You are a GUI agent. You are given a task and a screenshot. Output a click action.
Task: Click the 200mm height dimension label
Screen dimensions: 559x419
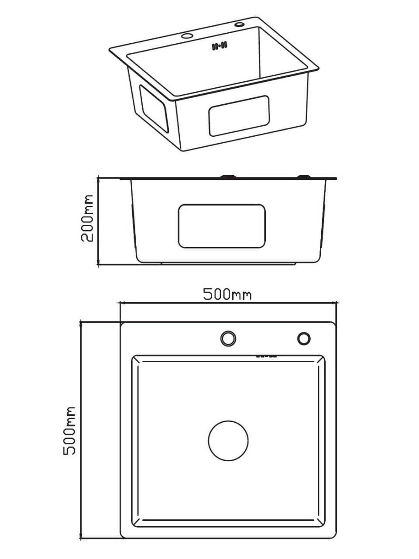point(88,218)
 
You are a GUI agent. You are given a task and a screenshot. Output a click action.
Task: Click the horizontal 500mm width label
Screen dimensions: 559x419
point(227,294)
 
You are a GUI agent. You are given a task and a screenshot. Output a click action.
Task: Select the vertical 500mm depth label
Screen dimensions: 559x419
point(69,431)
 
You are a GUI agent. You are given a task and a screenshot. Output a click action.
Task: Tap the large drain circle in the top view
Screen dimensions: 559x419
point(228,441)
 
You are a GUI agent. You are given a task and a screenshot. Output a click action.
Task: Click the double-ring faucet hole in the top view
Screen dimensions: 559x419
point(228,338)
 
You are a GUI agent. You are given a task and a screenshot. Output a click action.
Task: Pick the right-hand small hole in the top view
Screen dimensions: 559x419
point(304,338)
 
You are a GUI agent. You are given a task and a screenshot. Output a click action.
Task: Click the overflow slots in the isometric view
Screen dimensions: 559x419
point(220,45)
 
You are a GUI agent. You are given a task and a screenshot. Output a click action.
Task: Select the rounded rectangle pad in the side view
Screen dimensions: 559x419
point(222,226)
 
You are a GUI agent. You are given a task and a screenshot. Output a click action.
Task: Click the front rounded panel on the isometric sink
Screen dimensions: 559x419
point(239,115)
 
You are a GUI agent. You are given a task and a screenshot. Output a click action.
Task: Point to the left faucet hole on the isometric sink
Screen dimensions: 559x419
point(187,35)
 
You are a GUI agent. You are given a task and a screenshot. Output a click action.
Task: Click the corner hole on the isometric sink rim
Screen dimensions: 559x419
point(240,24)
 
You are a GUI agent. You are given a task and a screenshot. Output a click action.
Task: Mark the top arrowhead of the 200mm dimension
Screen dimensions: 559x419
point(99,179)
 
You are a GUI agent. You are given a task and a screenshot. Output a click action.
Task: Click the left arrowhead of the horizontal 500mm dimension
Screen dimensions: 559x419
point(123,302)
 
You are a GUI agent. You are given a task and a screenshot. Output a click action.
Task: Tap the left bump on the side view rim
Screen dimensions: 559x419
point(228,176)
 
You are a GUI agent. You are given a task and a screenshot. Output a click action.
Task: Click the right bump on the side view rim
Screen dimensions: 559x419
point(303,176)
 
